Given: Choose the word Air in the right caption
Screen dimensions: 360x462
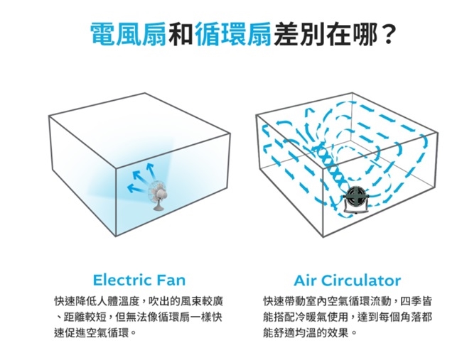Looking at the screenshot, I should coord(306,279).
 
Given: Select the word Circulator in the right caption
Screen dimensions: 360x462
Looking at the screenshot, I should coord(361,279).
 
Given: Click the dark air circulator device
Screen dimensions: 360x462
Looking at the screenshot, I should coord(356,198).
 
